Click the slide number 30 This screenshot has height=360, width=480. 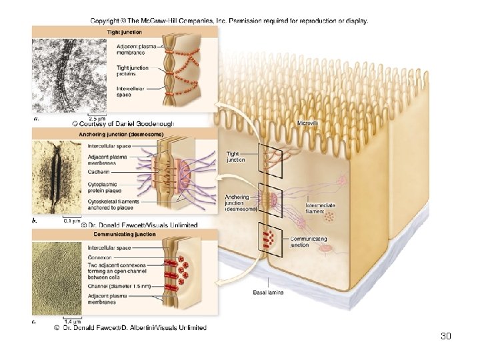tap(446, 336)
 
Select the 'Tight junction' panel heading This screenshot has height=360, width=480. tap(125, 32)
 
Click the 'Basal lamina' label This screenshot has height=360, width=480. tap(267, 291)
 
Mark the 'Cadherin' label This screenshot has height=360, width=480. tap(99, 170)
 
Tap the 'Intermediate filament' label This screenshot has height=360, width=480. tap(321, 207)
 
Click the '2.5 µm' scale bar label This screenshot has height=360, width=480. tap(96, 118)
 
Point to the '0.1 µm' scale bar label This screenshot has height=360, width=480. tap(71, 220)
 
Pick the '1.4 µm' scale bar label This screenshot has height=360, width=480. tap(72, 322)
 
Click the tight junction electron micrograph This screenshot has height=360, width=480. tap(57, 75)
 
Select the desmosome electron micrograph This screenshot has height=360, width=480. tap(57, 177)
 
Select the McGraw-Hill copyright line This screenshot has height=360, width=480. tap(229, 21)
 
